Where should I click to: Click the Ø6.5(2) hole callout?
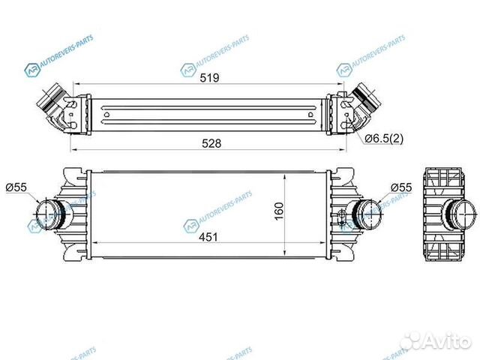[x=384, y=139]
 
